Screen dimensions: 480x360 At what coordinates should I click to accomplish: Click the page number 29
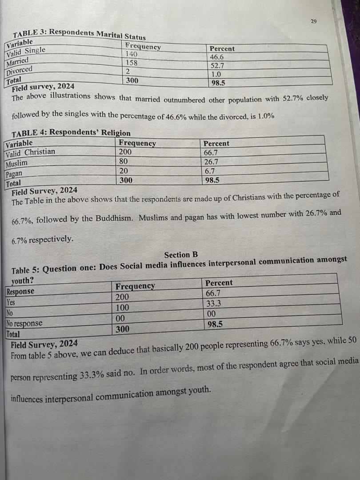pyautogui.click(x=314, y=21)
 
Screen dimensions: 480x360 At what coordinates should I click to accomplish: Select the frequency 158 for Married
pyautogui.click(x=132, y=63)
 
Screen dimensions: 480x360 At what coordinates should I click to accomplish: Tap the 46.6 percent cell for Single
pyautogui.click(x=216, y=57)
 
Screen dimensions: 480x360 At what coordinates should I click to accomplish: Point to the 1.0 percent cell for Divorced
pyautogui.click(x=216, y=75)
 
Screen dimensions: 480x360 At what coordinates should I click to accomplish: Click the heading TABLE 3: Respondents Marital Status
pyautogui.click(x=79, y=34)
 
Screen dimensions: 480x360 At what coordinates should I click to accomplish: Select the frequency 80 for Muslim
pyautogui.click(x=124, y=161)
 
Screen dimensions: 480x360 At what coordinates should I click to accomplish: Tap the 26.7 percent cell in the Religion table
pyautogui.click(x=211, y=162)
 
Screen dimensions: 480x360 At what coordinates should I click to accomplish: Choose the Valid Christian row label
pyautogui.click(x=31, y=152)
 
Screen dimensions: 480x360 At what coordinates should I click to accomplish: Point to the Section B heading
pyautogui.click(x=180, y=255)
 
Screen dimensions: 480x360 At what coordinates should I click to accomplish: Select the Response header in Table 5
pyautogui.click(x=20, y=292)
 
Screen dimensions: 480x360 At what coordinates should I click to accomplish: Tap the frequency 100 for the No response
pyautogui.click(x=122, y=308)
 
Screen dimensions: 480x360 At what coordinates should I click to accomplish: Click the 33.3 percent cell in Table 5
pyautogui.click(x=214, y=304)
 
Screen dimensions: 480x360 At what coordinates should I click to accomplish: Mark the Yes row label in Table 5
pyautogui.click(x=11, y=302)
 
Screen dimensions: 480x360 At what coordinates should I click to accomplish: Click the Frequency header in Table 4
pyautogui.click(x=137, y=143)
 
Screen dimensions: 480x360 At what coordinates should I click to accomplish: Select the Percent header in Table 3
pyautogui.click(x=222, y=48)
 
